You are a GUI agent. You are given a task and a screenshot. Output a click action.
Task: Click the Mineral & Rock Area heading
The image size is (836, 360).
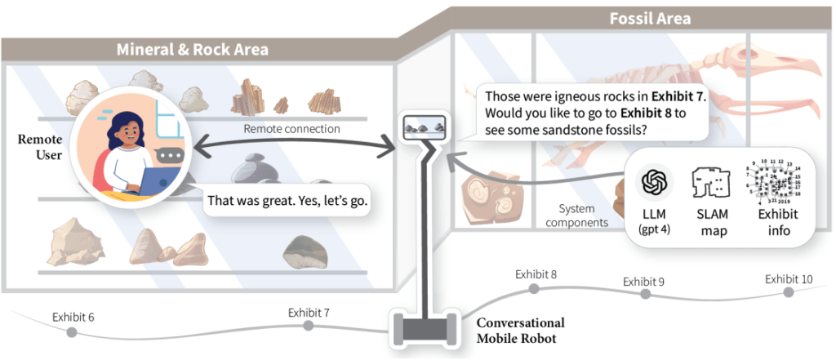click(193, 50)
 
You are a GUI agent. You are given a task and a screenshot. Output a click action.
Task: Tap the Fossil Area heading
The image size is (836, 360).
click(650, 17)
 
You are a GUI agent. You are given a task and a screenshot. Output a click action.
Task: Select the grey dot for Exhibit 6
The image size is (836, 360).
click(72, 332)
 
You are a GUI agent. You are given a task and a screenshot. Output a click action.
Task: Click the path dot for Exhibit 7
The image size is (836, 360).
click(308, 326)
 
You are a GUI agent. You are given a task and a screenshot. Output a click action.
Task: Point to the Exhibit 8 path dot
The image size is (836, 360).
click(534, 288)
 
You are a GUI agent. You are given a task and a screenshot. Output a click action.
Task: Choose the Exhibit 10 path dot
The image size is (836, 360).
click(788, 291)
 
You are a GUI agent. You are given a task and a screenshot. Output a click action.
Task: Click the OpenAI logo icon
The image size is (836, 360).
click(655, 182)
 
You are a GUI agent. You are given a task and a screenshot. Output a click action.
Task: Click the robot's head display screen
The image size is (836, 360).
click(423, 127)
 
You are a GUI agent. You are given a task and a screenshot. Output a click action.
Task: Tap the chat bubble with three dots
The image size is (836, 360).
click(170, 154)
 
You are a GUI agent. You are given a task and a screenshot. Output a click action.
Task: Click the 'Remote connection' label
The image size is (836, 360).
click(291, 128)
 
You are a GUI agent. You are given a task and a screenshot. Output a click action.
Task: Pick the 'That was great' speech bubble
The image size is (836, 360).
click(287, 199)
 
